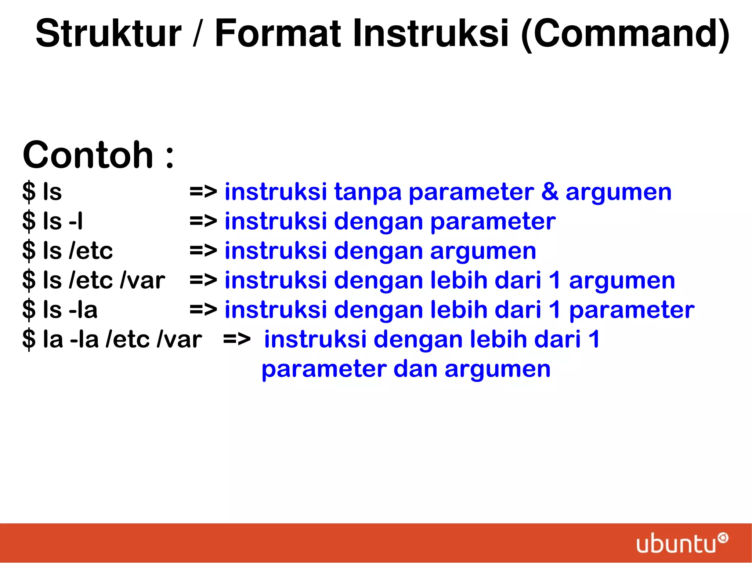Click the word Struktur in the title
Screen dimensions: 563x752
point(109,34)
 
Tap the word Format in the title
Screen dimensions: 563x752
point(278,34)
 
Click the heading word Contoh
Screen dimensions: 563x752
point(88,155)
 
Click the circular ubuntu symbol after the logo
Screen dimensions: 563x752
point(723,538)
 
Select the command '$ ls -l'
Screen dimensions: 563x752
point(53,222)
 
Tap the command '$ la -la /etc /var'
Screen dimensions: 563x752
point(112,339)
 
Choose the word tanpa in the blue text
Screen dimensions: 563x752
point(368,192)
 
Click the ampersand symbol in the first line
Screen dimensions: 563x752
point(550,191)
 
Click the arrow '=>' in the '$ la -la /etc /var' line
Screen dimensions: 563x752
point(237,339)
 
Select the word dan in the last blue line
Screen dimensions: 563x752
point(415,369)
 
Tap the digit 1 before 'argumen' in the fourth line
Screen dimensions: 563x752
point(555,280)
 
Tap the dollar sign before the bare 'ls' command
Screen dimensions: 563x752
point(29,192)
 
